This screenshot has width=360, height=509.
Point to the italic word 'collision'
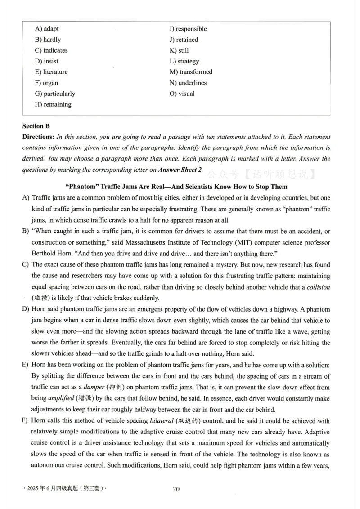pos(318,287)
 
